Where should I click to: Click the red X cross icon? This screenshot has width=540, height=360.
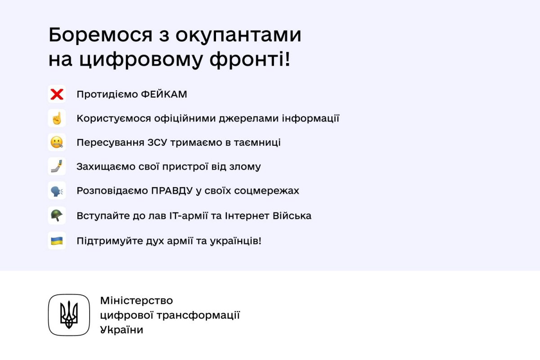pos(57,94)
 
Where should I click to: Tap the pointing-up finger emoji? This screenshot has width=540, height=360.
pos(57,118)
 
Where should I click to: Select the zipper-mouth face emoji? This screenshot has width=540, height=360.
pos(57,142)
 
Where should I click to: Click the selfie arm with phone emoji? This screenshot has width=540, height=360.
pos(57,166)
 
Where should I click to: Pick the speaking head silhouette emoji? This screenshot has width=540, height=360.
pos(57,191)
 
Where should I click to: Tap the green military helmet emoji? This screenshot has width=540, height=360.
pos(57,215)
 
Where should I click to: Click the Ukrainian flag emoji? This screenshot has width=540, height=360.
pos(57,241)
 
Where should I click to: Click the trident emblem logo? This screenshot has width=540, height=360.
pos(69,315)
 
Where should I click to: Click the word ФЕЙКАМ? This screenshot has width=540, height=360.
pos(164,94)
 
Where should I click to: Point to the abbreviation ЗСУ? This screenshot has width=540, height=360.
pos(157,142)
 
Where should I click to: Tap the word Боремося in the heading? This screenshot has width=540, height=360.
pos(100,35)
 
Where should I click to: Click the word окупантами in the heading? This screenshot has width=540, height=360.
pos(238,36)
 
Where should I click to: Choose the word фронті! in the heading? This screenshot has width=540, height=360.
pos(249,60)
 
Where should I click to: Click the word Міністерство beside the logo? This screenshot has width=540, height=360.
pos(136,301)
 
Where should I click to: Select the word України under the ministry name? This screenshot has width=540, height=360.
pos(122,329)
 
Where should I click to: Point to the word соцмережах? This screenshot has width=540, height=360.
pos(266,191)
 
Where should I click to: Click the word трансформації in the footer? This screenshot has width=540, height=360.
pos(198,315)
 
